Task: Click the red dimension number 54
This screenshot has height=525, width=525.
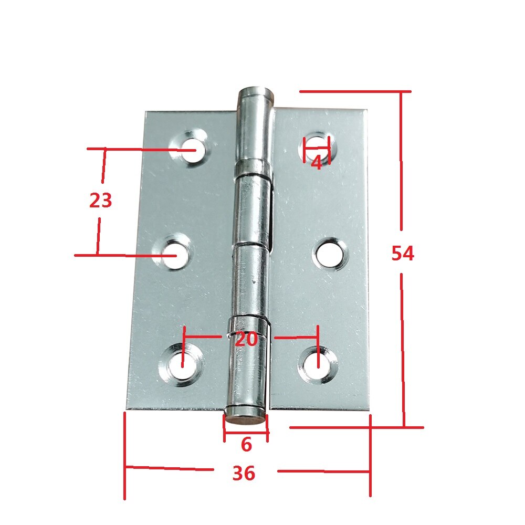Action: click(x=403, y=254)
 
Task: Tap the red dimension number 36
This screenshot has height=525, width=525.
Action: click(x=244, y=473)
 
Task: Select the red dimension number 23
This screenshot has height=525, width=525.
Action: click(x=101, y=201)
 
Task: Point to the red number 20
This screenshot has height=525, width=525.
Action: click(x=246, y=339)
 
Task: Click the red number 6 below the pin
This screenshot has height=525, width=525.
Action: click(x=246, y=445)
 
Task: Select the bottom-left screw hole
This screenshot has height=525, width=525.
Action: click(x=181, y=364)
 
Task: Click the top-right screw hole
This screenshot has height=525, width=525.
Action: click(x=317, y=147)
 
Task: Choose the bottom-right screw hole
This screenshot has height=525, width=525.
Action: click(x=318, y=362)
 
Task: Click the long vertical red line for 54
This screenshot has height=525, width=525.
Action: click(x=402, y=157)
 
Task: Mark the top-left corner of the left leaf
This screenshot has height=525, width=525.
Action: click(x=146, y=112)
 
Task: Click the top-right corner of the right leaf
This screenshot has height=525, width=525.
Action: click(x=365, y=111)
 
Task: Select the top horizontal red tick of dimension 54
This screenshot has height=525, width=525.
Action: click(x=354, y=92)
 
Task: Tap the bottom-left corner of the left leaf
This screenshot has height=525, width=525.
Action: click(x=127, y=408)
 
